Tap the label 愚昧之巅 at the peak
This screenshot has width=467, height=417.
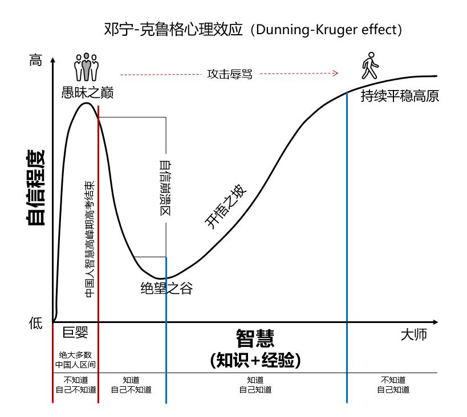[x=87, y=93]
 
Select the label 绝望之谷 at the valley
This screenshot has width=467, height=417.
[x=166, y=288]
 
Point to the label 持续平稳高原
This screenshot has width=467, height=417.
[x=400, y=96]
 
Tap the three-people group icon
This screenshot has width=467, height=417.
[x=86, y=67]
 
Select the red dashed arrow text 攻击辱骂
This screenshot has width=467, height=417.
[x=229, y=74]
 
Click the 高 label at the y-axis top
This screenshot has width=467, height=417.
[x=35, y=60]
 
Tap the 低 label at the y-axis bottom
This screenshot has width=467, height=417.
[x=35, y=324]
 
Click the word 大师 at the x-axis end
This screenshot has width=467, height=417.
[x=413, y=335]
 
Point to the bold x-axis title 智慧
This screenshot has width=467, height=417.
[x=255, y=338]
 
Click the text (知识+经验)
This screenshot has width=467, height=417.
[x=255, y=360]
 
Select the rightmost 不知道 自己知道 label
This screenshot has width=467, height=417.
[x=393, y=385]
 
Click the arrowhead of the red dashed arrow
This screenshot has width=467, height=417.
[x=336, y=73]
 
